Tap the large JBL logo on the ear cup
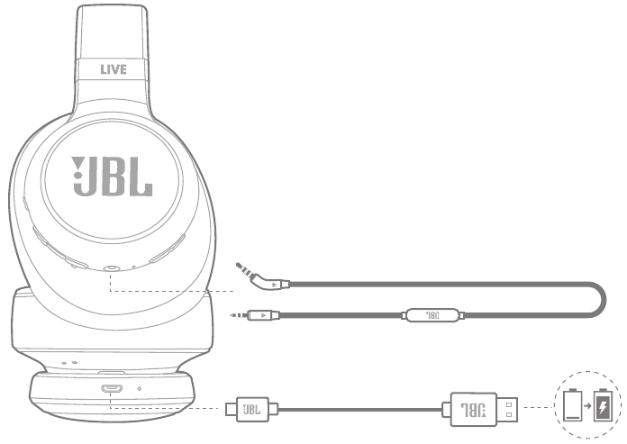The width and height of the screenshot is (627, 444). click(112, 176)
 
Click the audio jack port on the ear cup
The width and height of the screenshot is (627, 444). click(110, 268)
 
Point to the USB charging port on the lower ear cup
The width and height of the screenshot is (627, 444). click(112, 389)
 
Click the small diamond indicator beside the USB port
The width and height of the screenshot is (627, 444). click(139, 390)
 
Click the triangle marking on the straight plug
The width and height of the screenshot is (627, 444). click(263, 315)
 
